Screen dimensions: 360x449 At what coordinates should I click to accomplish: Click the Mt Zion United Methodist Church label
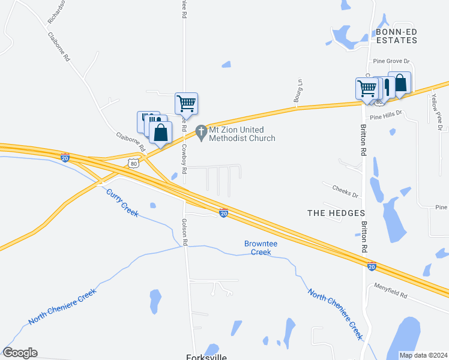242,134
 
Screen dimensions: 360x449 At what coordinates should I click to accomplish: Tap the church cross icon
201,130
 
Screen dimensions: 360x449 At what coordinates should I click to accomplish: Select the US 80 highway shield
133,163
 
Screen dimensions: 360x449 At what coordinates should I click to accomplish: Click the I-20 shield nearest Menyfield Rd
372,266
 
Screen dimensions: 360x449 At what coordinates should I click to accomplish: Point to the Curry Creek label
122,202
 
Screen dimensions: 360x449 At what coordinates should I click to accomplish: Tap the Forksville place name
206,356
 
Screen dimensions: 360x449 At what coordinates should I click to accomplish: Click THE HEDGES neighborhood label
336,213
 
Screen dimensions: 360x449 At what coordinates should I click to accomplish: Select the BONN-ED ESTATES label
396,36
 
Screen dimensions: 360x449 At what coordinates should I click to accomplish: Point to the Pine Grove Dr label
391,61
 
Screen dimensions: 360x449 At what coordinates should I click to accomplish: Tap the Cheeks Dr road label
345,191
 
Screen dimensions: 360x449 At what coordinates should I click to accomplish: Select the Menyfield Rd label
390,291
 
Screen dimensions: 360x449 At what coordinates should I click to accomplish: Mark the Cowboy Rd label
185,161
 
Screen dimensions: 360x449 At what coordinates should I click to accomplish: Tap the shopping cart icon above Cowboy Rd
186,104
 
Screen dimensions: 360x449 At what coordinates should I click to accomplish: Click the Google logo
20,353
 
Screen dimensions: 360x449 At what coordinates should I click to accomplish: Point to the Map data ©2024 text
423,355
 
